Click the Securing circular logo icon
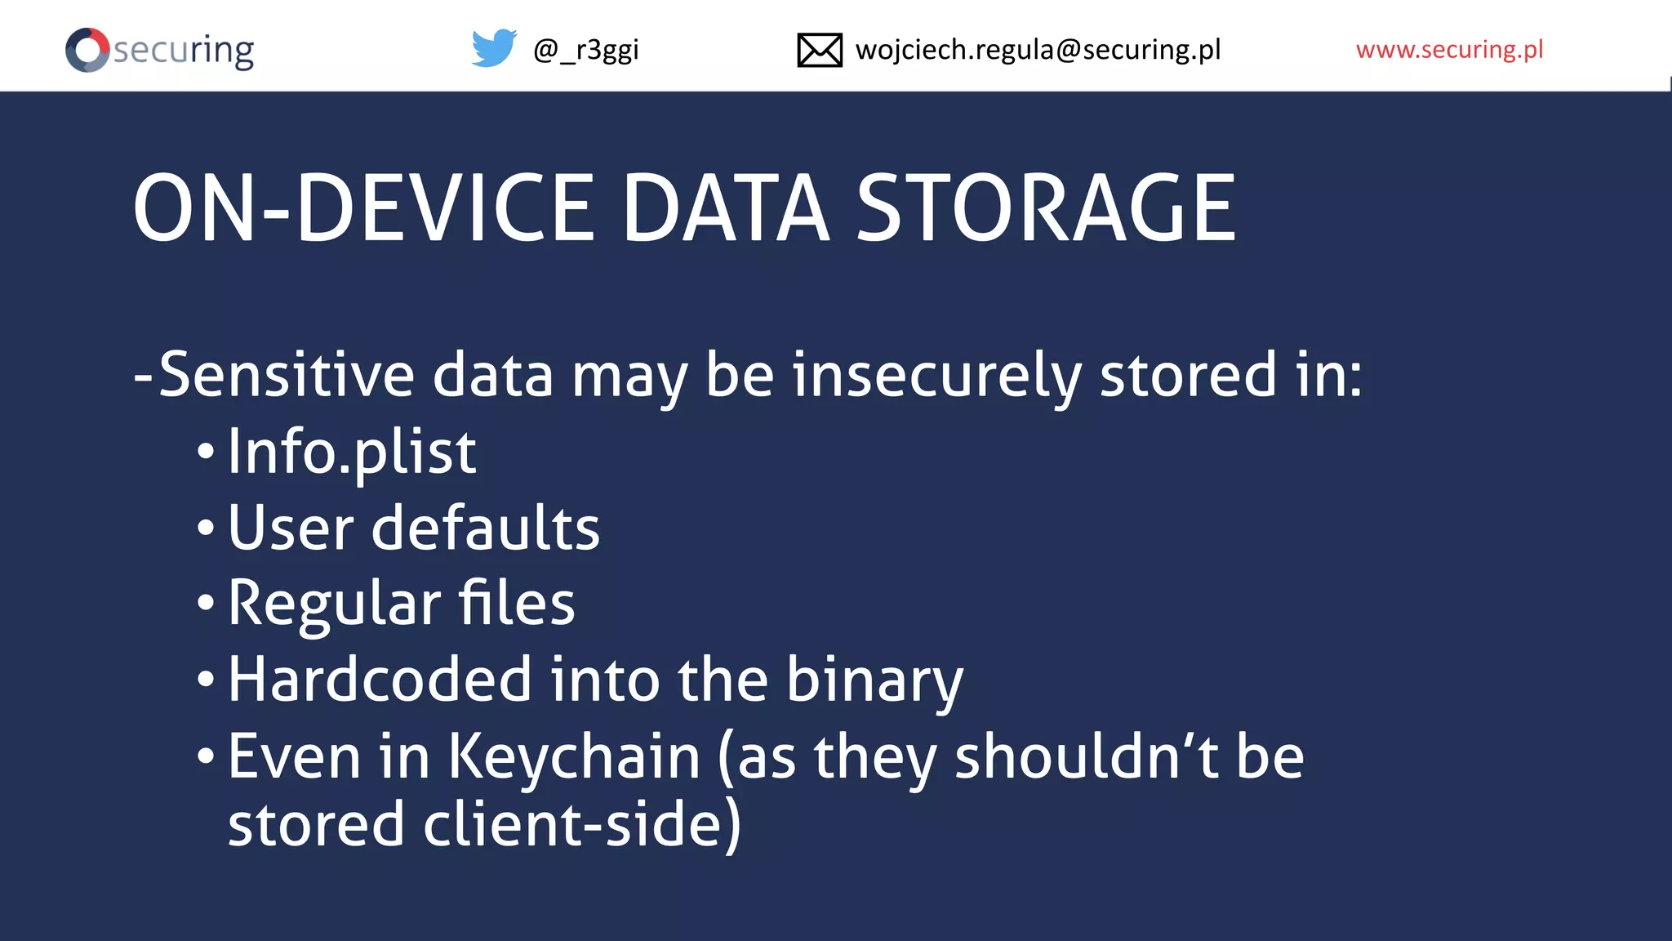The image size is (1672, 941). coord(87,50)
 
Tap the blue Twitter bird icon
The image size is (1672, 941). coord(494,48)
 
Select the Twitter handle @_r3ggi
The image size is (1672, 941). coord(585,50)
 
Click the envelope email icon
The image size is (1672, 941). coord(819,50)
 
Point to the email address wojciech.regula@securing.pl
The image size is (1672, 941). coord(1038,50)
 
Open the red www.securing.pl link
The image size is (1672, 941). coord(1449,50)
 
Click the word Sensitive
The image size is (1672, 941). coord(287,375)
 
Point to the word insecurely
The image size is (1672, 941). coord(936,375)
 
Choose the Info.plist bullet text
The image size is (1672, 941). coord(352,452)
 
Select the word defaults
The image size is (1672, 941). coord(486,528)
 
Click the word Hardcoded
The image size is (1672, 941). coord(380,680)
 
